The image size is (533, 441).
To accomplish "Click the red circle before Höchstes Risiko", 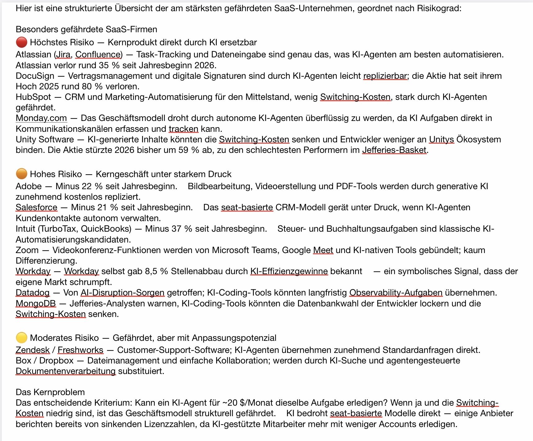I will (x=21, y=42).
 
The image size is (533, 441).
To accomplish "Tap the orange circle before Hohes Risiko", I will (x=21, y=174).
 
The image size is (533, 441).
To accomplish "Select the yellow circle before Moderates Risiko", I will (x=21, y=338).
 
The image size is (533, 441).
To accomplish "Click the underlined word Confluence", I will (x=98, y=55).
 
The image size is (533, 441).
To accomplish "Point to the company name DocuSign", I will (x=35, y=76).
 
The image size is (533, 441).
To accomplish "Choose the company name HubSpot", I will (x=33, y=97).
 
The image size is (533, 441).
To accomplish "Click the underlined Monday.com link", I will (x=41, y=118).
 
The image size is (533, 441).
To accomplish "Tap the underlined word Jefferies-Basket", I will (x=394, y=150).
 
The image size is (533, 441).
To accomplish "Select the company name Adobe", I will (x=29, y=186).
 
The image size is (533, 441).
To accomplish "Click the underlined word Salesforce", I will (x=37, y=207).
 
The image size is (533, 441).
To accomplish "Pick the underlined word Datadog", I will (x=33, y=293).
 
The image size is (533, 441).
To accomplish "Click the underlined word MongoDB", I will (x=36, y=303).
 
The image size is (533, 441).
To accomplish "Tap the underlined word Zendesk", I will (x=33, y=350).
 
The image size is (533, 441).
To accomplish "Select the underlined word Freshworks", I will (x=80, y=350).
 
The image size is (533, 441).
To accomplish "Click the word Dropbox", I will (x=56, y=361).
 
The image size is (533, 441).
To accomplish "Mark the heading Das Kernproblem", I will (x=50, y=392).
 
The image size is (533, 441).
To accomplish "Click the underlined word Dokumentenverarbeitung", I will (x=65, y=371).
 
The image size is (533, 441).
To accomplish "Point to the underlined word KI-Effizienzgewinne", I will (x=289, y=271).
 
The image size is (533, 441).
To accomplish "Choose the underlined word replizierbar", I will (x=385, y=76).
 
